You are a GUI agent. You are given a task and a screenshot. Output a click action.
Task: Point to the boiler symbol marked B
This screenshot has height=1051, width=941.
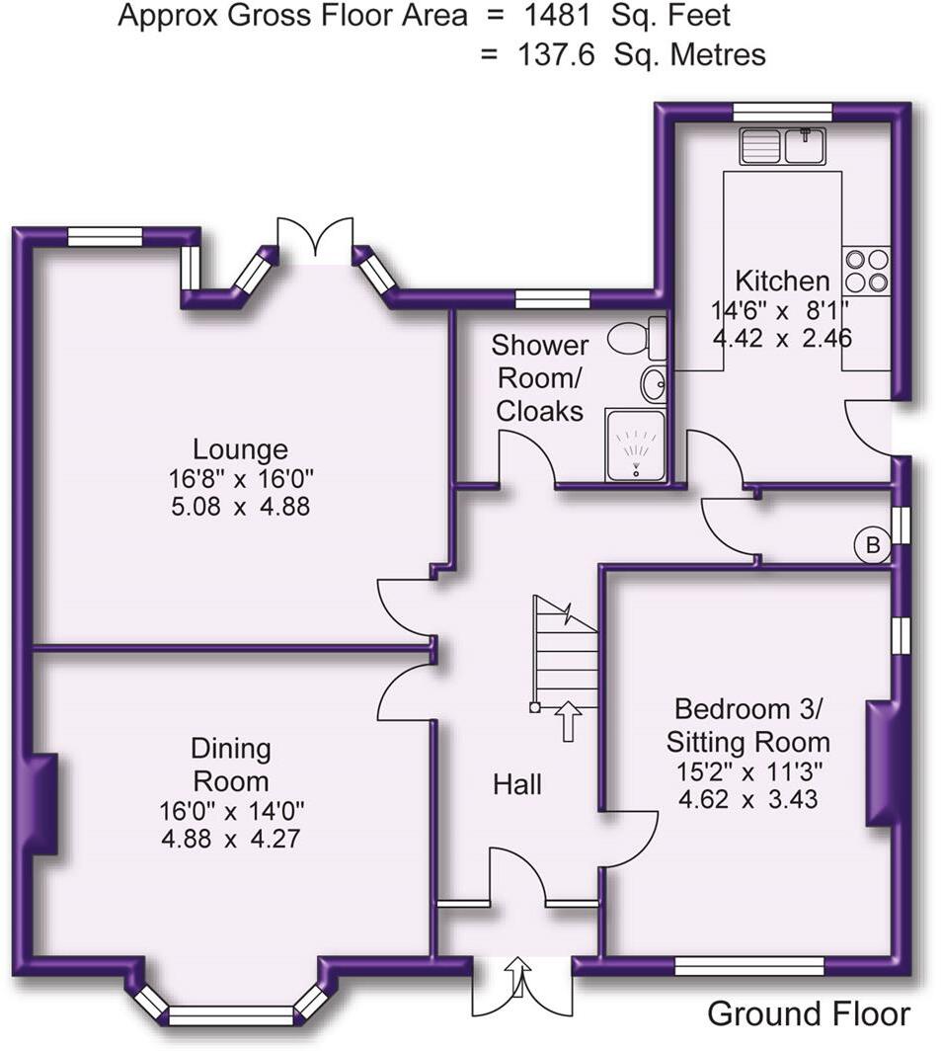point(872,544)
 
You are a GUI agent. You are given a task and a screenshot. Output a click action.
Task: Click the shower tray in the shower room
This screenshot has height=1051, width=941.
point(634,445)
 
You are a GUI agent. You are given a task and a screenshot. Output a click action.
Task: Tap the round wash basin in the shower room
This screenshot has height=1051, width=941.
point(653,384)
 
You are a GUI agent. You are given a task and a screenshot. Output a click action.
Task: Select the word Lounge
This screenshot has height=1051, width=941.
point(240,449)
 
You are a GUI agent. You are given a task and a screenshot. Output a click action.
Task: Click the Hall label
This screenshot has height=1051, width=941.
point(517,784)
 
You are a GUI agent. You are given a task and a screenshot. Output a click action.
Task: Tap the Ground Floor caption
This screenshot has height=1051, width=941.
point(809,1013)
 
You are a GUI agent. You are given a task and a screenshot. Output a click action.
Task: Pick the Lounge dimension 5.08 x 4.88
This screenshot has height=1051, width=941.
point(240,507)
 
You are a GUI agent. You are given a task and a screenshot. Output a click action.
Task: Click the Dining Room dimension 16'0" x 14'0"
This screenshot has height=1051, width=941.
point(231,811)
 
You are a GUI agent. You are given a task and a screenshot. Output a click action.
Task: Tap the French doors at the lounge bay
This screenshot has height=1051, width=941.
point(315,240)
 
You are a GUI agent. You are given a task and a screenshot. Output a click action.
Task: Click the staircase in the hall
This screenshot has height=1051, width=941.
point(566,654)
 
